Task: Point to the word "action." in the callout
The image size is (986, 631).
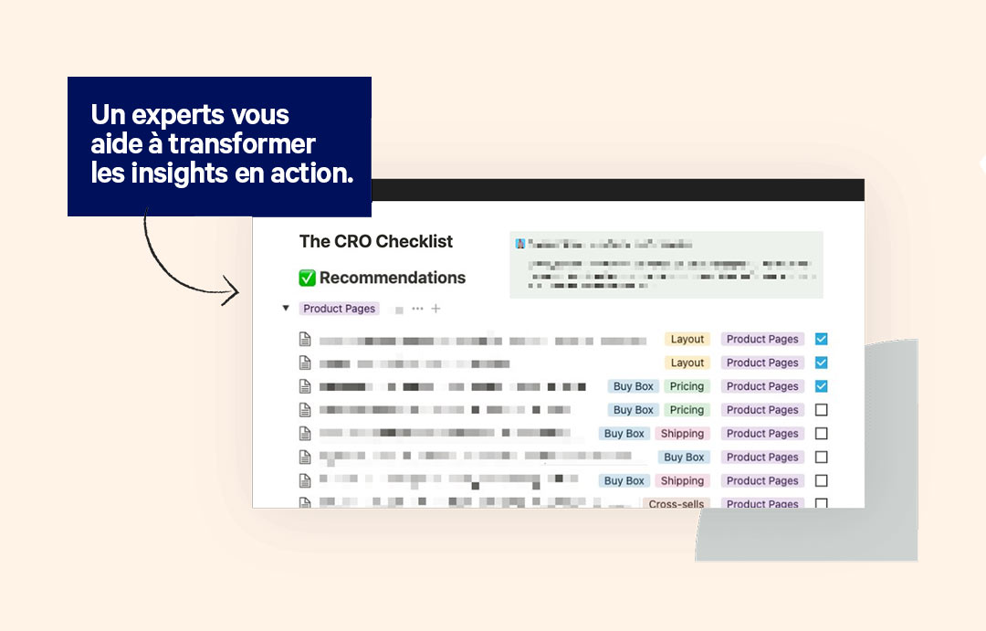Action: click(310, 173)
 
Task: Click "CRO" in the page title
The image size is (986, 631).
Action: click(351, 242)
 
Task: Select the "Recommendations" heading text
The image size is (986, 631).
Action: click(393, 278)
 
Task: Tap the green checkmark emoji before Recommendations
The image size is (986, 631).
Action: click(308, 278)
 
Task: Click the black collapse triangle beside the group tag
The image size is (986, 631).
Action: click(286, 309)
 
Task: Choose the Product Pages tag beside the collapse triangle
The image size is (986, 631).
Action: click(339, 309)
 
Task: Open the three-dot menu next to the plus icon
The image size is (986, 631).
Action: click(417, 309)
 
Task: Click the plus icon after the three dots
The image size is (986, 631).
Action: click(435, 309)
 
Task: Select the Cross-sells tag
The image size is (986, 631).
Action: click(677, 503)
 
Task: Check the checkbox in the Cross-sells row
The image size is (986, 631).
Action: click(821, 503)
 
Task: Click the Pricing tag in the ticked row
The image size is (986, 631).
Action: click(687, 386)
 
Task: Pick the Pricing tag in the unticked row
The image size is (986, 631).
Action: click(687, 410)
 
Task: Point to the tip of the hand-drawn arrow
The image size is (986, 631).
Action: click(237, 293)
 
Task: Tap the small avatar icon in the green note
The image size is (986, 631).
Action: click(520, 245)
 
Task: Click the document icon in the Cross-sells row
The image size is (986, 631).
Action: click(305, 502)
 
